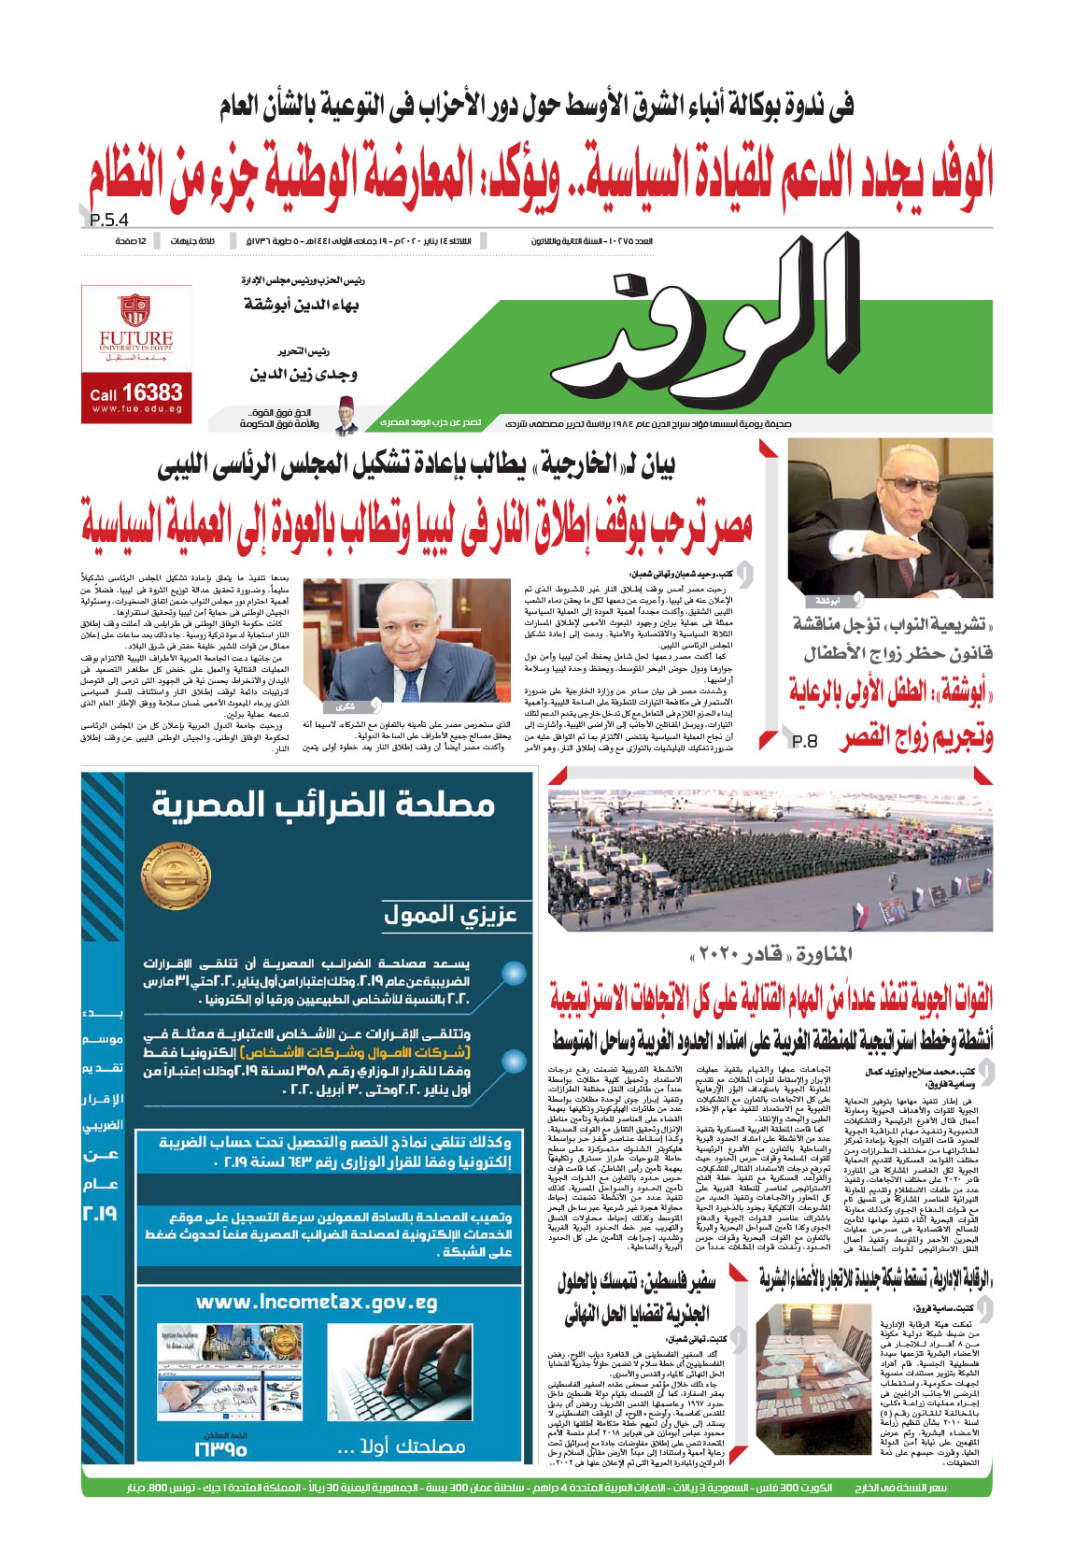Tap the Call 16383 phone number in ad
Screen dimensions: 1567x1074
click(x=136, y=393)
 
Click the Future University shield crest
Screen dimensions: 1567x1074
click(x=135, y=310)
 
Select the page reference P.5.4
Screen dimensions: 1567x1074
click(x=109, y=221)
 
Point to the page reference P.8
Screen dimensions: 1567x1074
click(x=804, y=741)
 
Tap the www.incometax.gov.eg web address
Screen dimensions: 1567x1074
click(x=317, y=1303)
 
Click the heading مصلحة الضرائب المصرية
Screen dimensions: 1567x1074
click(x=323, y=804)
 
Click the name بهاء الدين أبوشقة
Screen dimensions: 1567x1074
click(x=301, y=306)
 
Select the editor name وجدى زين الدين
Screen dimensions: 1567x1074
click(x=303, y=374)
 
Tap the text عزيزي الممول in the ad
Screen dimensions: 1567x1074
click(x=450, y=915)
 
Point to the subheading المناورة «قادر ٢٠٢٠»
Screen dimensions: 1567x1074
click(x=770, y=954)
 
